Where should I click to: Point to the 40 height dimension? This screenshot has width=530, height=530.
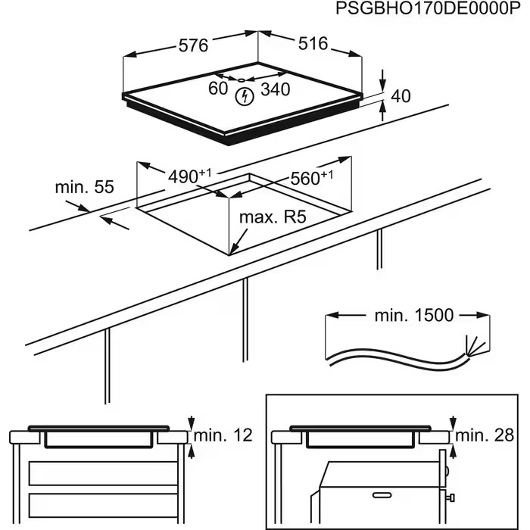pos(401,96)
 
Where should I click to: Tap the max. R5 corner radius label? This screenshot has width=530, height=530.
pos(272,218)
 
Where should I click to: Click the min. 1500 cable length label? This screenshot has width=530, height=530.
pos(414,315)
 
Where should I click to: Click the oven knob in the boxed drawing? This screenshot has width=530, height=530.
pos(452,497)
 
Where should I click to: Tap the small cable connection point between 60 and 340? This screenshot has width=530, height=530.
pos(240,79)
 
